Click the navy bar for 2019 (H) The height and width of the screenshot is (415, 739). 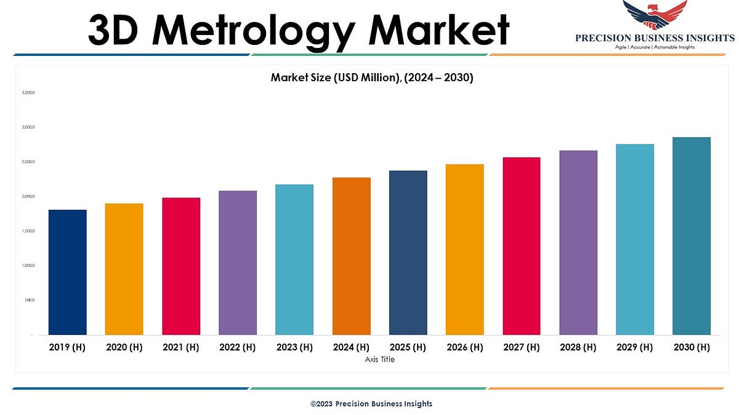coord(67,272)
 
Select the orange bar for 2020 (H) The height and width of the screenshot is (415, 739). coord(124,269)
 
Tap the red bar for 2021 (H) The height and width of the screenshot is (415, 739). coord(181,266)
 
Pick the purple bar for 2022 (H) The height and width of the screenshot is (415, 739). coord(238,263)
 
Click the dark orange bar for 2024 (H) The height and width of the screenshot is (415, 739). coord(351,256)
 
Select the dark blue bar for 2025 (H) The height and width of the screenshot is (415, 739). coord(408,253)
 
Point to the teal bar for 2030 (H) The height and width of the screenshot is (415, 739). coord(692,236)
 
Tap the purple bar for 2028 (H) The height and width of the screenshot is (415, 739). coord(578,243)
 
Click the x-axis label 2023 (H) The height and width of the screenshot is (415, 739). coord(294,347)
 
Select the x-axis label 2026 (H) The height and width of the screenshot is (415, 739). coord(464,347)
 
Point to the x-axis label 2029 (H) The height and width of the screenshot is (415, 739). coord(635,347)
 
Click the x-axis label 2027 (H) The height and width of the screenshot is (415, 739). coord(521,347)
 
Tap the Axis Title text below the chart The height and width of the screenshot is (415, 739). coord(380,360)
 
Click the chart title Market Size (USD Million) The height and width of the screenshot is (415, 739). coord(371,78)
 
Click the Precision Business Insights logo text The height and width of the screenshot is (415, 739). coord(655,38)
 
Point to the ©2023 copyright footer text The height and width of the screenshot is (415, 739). coord(371,404)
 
